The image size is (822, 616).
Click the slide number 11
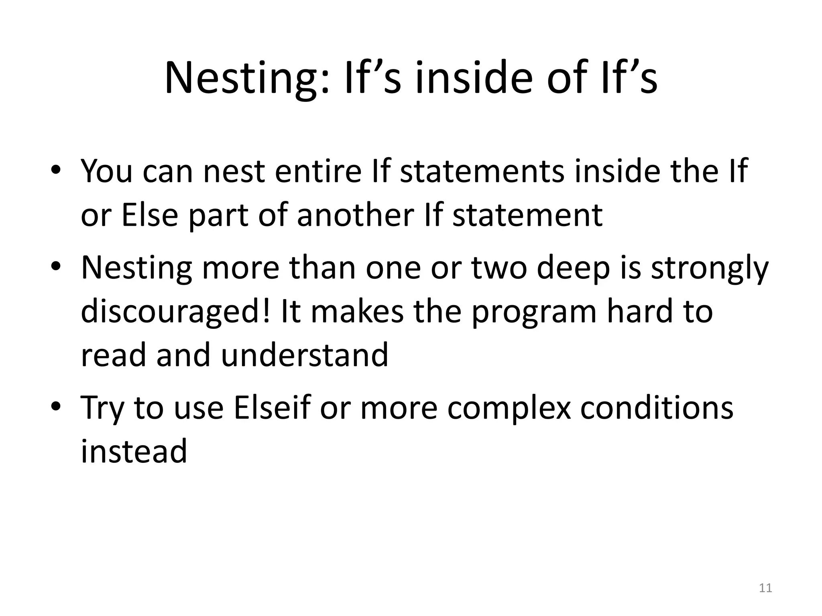[765, 588]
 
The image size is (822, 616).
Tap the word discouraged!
[176, 312]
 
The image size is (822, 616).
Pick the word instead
[134, 451]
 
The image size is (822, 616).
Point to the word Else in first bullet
[149, 215]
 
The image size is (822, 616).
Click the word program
[534, 312]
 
